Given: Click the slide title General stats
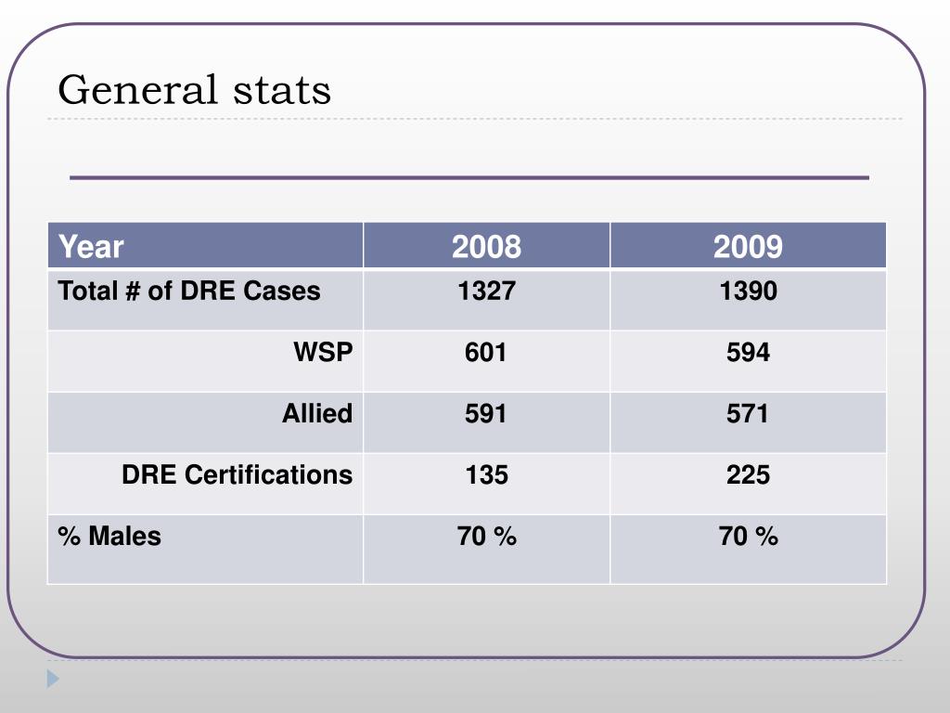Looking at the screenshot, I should point(194,91).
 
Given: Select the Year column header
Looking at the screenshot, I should point(91,247).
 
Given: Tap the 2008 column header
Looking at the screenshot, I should point(486,247).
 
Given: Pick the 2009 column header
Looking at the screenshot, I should point(748,247).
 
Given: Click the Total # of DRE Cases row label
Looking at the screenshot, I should point(189,292).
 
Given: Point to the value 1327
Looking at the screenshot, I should point(486,292).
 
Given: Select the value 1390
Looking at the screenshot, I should point(748,292).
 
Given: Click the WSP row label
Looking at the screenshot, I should point(323,353).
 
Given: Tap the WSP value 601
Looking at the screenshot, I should point(486,353).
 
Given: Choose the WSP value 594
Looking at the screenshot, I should point(748,353).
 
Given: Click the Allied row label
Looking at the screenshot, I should point(317,414).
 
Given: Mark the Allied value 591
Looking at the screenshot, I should point(486,414).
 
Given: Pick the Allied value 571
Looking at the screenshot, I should point(748,414).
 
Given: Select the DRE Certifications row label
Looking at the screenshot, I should point(237,475).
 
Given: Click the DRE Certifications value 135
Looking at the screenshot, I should point(486,475).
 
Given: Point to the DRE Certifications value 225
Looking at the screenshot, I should point(748,475).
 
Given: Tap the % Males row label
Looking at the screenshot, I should point(109,537).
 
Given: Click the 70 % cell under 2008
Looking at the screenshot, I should point(486,537).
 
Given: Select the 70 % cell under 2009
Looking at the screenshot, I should point(748,537).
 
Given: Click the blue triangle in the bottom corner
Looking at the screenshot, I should point(53,679).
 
